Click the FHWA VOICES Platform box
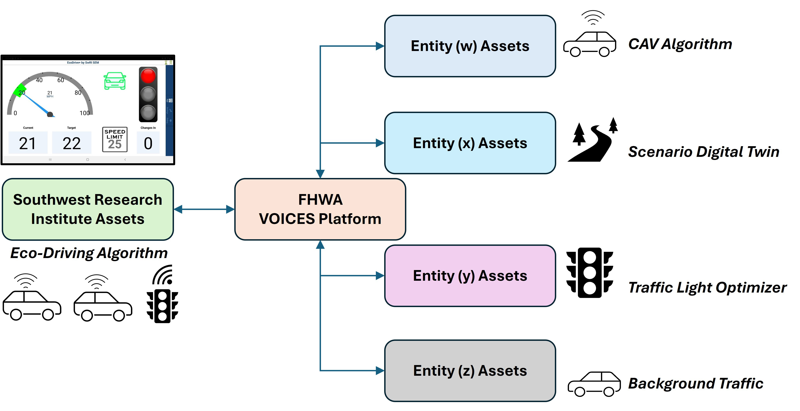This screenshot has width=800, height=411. (x=320, y=209)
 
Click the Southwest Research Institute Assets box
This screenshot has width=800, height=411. (x=88, y=209)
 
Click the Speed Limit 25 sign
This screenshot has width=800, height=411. (x=115, y=139)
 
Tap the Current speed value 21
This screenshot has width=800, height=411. (x=28, y=143)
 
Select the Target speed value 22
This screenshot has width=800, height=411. (x=71, y=143)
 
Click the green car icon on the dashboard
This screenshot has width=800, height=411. (x=115, y=81)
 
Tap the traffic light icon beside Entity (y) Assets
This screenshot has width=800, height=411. (x=589, y=273)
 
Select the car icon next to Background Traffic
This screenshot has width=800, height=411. (x=594, y=384)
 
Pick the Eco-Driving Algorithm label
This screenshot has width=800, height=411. (x=89, y=253)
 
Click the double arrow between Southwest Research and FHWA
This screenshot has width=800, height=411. (x=204, y=209)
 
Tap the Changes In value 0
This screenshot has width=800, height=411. (x=148, y=143)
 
